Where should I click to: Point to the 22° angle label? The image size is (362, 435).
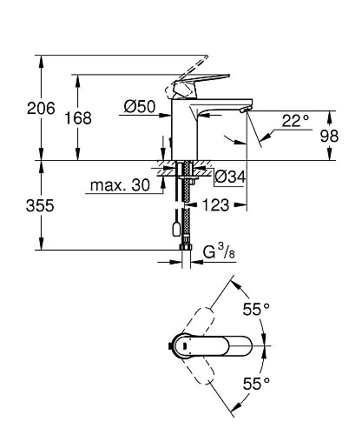point(294,121)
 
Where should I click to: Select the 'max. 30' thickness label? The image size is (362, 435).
point(119,184)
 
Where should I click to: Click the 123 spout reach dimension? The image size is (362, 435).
point(216,205)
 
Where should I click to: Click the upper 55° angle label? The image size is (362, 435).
point(255,309)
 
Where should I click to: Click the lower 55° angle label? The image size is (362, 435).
point(255,383)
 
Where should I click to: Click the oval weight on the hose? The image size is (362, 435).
point(178,230)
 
